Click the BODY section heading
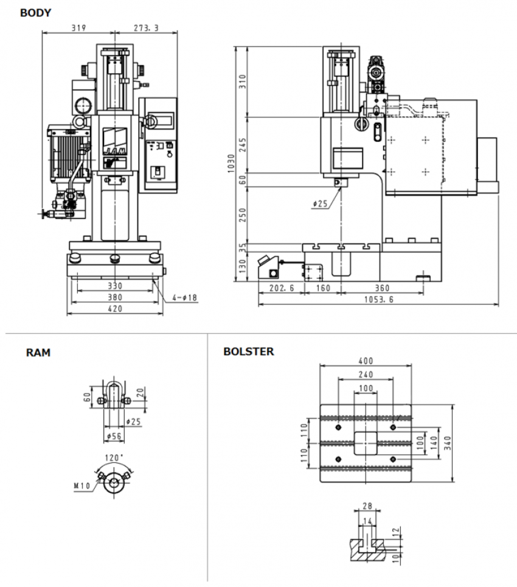pyautogui.click(x=35, y=12)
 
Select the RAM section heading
pyautogui.click(x=38, y=352)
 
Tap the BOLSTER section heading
pyautogui.click(x=248, y=352)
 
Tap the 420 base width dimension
pyautogui.click(x=115, y=308)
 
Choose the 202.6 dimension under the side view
pyautogui.click(x=281, y=288)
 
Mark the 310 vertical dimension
pyautogui.click(x=241, y=81)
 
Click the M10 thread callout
pyautogui.click(x=82, y=485)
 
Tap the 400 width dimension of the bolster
pyautogui.click(x=366, y=361)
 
